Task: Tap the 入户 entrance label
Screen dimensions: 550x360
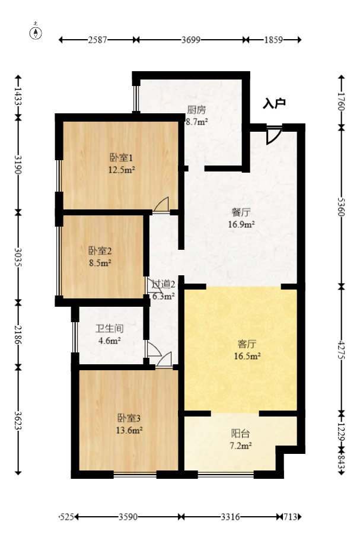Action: (274, 103)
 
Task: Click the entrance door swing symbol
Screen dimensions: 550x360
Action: (272, 136)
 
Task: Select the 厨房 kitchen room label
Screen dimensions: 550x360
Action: (196, 110)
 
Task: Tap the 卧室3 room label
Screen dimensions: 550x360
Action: (128, 418)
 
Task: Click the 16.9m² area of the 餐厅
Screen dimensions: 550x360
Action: (241, 225)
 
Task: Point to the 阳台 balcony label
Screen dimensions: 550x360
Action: (240, 433)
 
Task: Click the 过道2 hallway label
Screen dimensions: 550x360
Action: (164, 284)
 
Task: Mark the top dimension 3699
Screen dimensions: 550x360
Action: (191, 40)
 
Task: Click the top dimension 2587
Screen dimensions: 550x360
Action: (98, 40)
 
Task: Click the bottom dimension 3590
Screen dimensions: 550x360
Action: (128, 517)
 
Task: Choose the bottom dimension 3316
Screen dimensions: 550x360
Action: (230, 517)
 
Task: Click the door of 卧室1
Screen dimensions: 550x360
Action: (161, 204)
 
